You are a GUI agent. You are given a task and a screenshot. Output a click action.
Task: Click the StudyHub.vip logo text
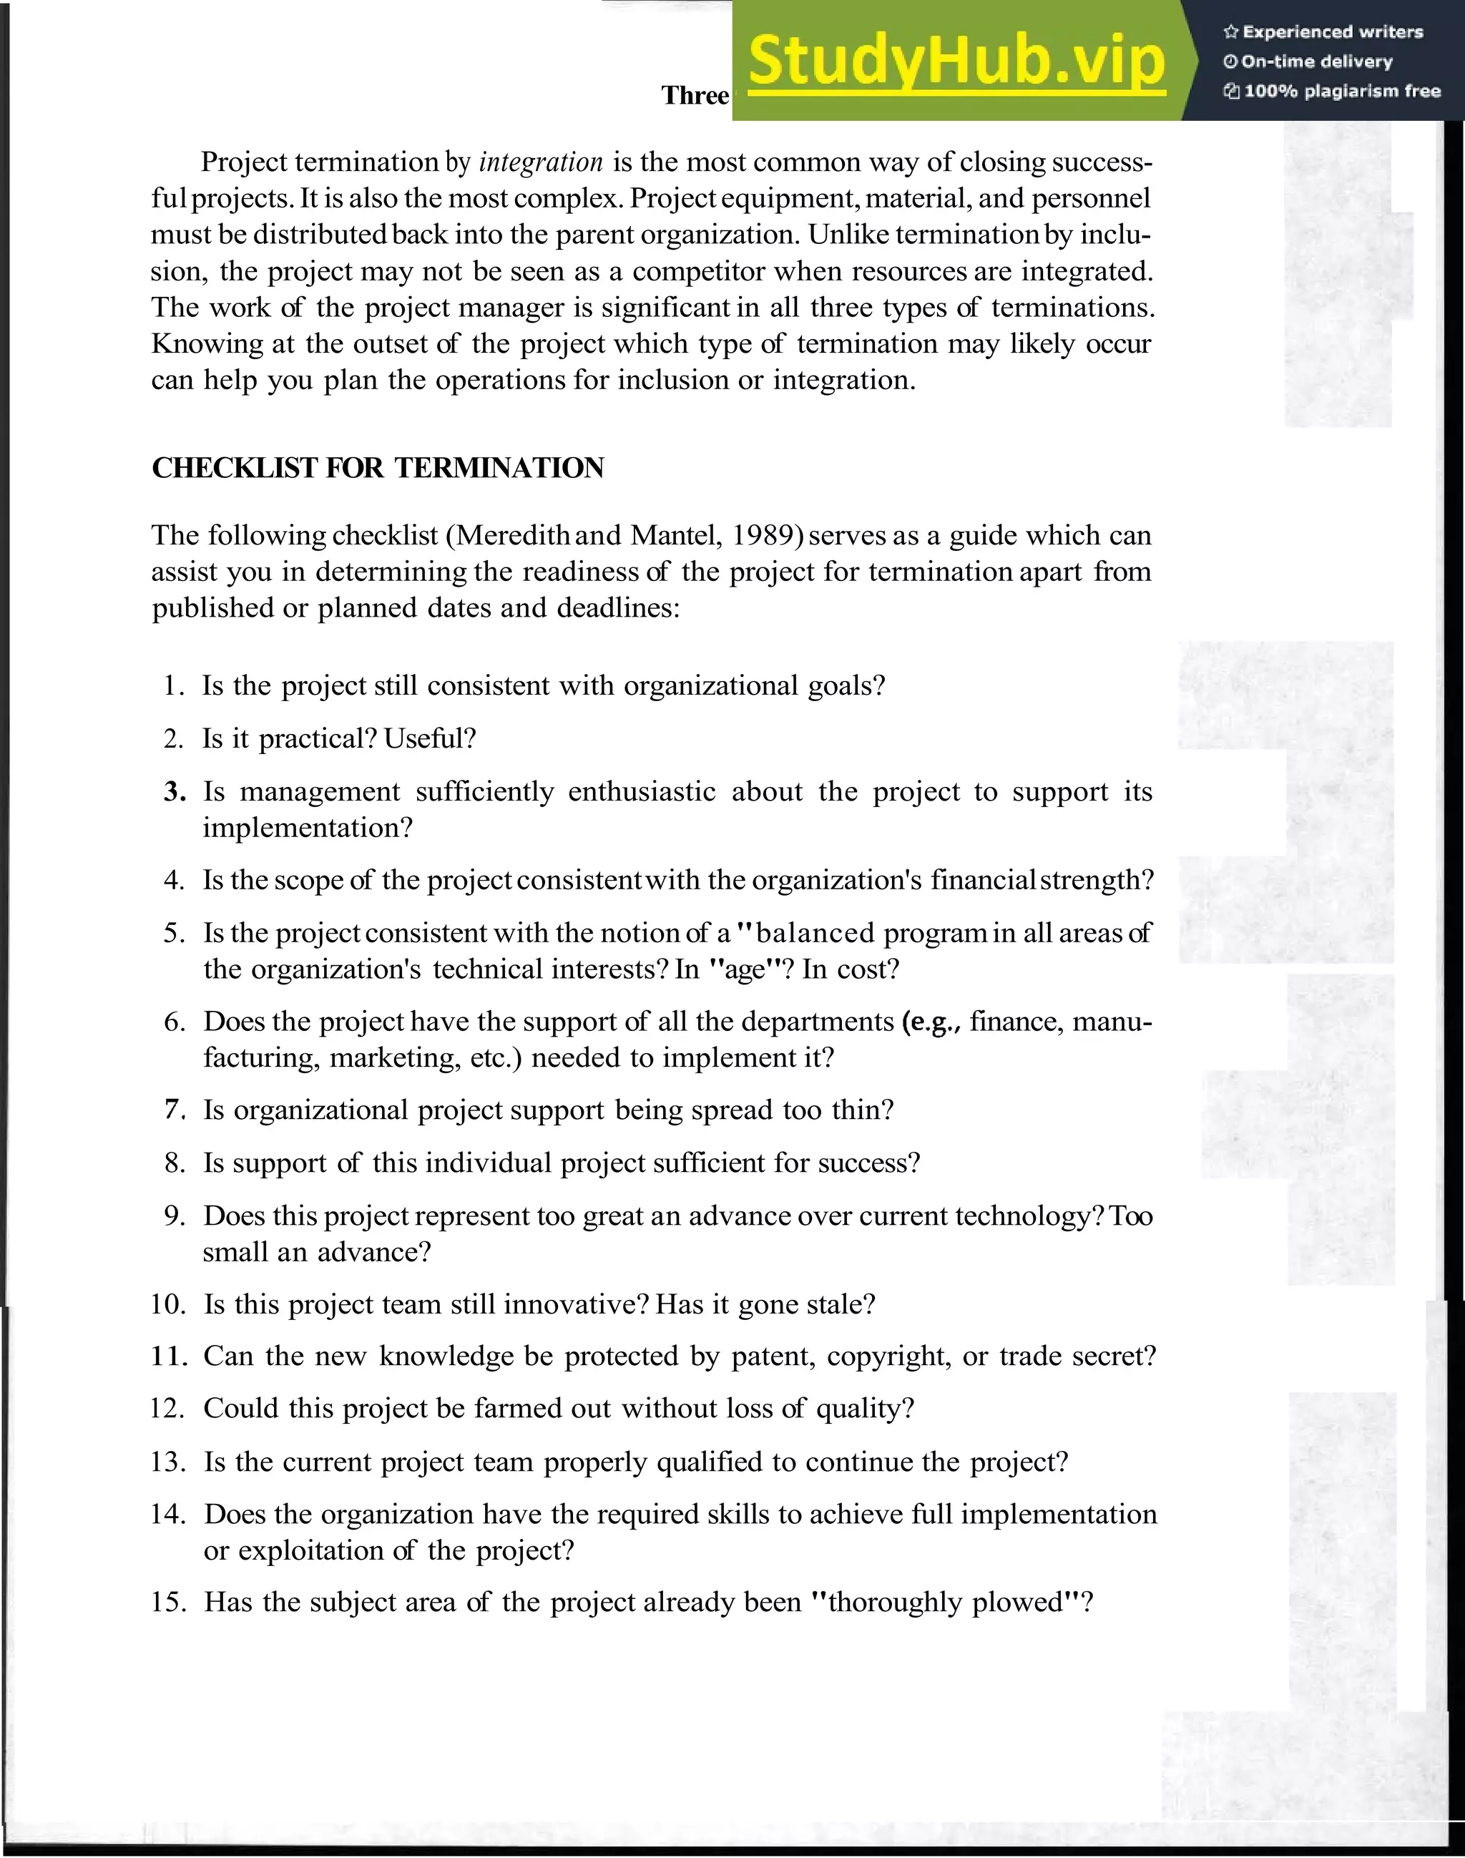tap(956, 61)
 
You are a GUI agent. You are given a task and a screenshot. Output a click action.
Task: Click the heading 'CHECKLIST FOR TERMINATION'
tap(378, 467)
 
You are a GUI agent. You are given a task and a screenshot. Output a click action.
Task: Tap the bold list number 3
tap(175, 792)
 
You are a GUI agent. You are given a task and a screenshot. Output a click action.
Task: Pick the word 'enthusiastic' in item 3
tap(642, 792)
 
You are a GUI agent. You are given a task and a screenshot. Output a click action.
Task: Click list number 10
tap(168, 1305)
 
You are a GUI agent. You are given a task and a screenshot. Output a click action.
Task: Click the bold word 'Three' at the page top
tap(695, 95)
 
